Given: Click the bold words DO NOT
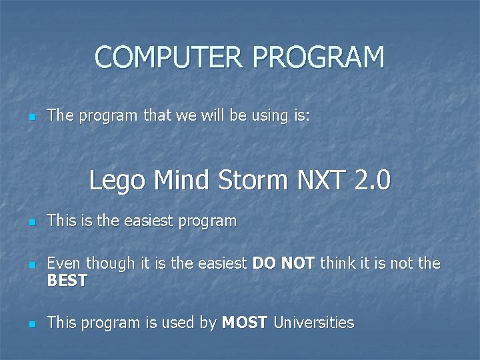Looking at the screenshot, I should pos(284,263).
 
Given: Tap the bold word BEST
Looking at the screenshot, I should pos(67,281).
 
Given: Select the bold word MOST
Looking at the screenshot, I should pos(245,323).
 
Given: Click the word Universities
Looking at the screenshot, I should pos(314,323).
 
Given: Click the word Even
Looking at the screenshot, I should pos(62,263).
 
